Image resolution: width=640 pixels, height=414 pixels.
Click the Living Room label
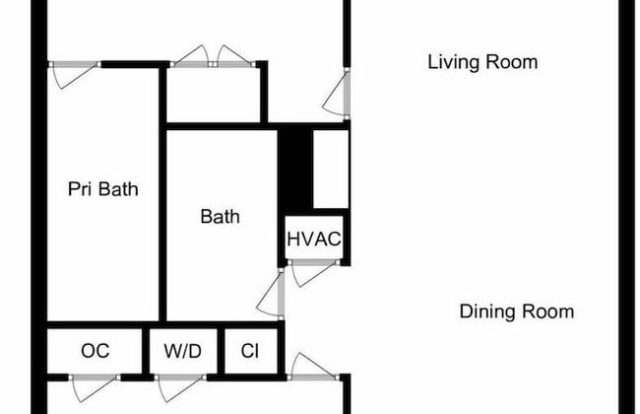pyautogui.click(x=482, y=63)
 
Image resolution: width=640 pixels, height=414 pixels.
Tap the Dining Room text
pyautogui.click(x=516, y=312)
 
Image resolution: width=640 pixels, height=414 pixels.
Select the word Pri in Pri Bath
pyautogui.click(x=81, y=189)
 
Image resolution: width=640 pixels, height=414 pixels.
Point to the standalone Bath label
pyautogui.click(x=220, y=217)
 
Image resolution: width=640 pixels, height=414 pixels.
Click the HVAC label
pyautogui.click(x=314, y=239)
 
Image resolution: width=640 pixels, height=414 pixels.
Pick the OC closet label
pyautogui.click(x=96, y=351)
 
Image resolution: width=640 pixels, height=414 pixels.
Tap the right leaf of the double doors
pyautogui.click(x=234, y=57)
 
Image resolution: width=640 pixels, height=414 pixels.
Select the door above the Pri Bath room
pyautogui.click(x=75, y=73)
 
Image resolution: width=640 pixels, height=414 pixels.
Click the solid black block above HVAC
pyautogui.click(x=295, y=168)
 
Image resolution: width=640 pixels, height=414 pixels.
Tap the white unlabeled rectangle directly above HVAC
pyautogui.click(x=330, y=168)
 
